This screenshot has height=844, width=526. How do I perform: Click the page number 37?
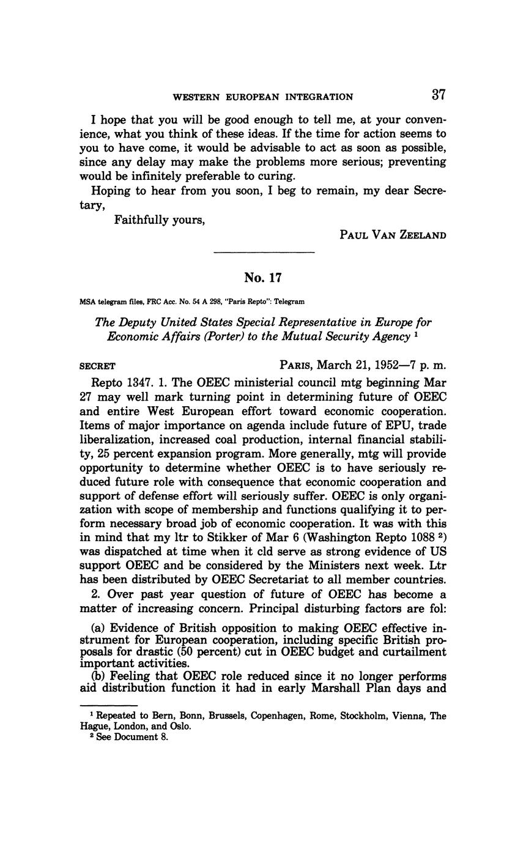click(x=439, y=95)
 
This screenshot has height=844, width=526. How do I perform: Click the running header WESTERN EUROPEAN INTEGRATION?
click(x=263, y=97)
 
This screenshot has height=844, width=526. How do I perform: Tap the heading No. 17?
click(x=263, y=278)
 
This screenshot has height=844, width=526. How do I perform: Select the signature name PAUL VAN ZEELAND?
click(x=393, y=235)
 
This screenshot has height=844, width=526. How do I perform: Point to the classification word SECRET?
click(x=98, y=366)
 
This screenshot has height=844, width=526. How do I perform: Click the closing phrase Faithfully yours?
click(x=160, y=220)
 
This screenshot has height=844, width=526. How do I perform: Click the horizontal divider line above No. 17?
click(x=264, y=252)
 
